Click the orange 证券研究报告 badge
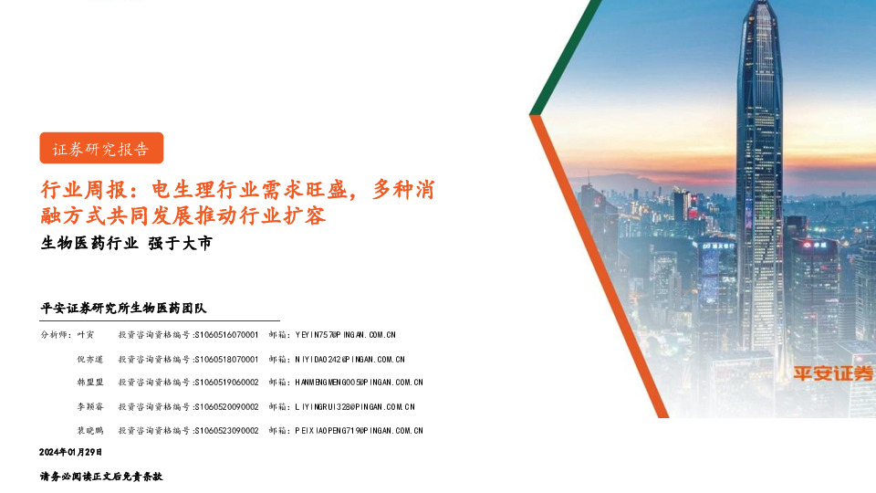point(100,148)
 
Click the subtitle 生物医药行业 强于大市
point(126,243)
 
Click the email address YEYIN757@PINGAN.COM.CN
point(345,335)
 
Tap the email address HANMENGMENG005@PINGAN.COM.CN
point(359,383)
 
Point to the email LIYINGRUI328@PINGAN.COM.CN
point(354,406)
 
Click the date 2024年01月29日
point(71,452)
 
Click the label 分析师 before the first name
point(55,335)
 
